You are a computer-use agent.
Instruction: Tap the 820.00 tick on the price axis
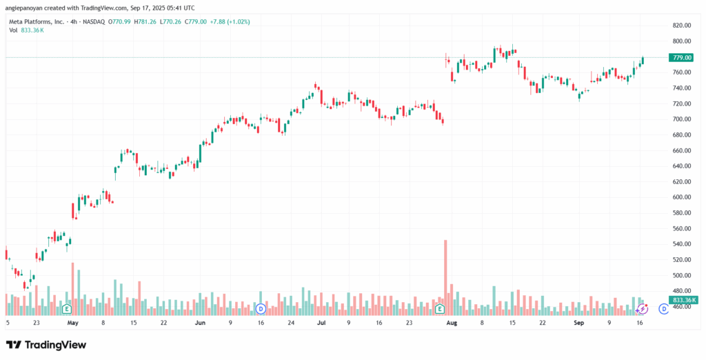tap(681, 26)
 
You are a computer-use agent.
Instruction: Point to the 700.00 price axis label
tap(681, 119)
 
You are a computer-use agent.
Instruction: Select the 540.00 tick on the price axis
tap(681, 244)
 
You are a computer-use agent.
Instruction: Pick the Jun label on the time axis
tap(200, 322)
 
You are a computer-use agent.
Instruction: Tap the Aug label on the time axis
tap(452, 322)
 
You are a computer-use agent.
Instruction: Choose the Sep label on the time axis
tap(578, 322)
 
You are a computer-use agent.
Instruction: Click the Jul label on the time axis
tap(321, 322)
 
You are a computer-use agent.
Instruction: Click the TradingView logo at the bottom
tap(46, 345)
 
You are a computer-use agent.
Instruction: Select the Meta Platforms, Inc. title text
tap(36, 22)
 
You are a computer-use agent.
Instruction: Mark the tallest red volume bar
tap(445, 277)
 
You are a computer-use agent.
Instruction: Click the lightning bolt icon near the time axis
tap(642, 310)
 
